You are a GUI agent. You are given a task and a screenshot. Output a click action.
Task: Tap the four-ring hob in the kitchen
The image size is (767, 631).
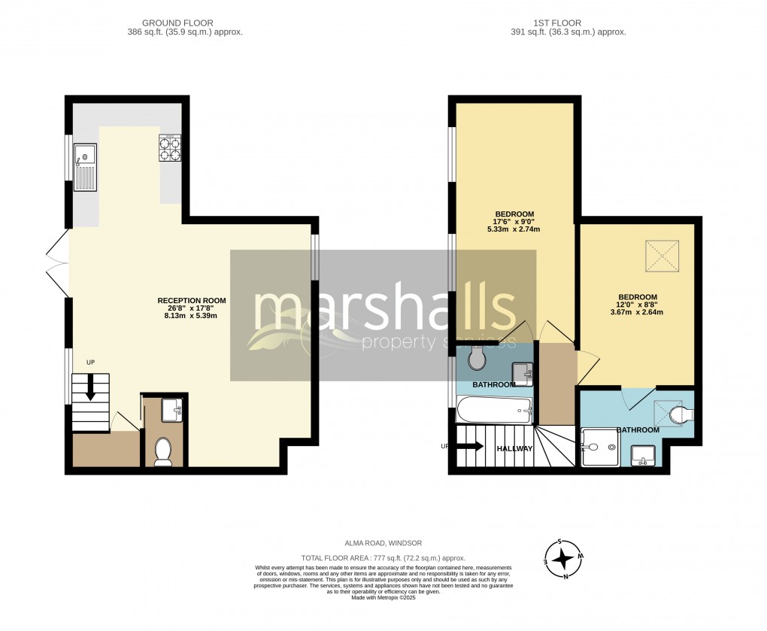coord(170,147)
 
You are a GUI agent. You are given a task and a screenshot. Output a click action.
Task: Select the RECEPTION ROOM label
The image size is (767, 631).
coord(191,300)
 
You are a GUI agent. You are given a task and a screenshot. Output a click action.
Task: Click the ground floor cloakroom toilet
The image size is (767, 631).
coord(162,450)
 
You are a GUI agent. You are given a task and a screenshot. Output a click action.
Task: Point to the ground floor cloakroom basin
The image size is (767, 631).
coord(172,410)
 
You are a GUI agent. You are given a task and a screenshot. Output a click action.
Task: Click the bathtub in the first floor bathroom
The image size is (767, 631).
coord(494,410)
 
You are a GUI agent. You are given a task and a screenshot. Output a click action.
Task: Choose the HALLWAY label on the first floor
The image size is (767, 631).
coord(514,449)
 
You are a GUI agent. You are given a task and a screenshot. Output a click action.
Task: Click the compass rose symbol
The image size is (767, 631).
coord(562,559)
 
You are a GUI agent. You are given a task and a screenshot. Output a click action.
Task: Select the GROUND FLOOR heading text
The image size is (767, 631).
coord(177,23)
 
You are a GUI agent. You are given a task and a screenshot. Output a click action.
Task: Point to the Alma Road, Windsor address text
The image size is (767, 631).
coord(383,543)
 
